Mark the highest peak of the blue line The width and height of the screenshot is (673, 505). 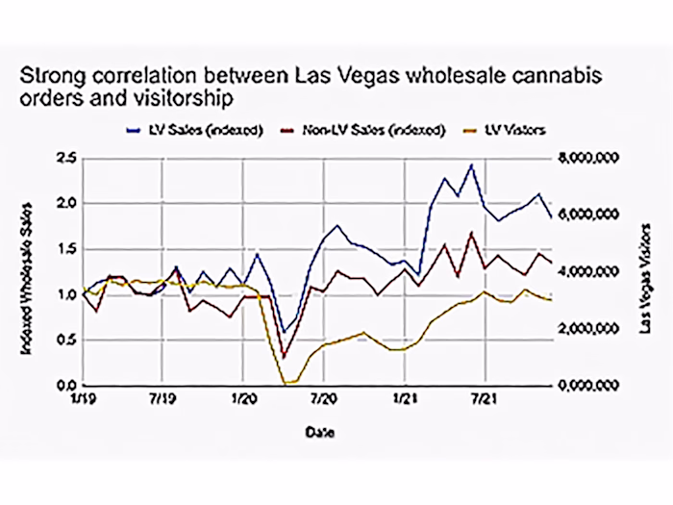(471, 164)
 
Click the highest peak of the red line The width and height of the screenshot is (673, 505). (471, 233)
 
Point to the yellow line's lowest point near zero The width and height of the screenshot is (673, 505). (286, 383)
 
